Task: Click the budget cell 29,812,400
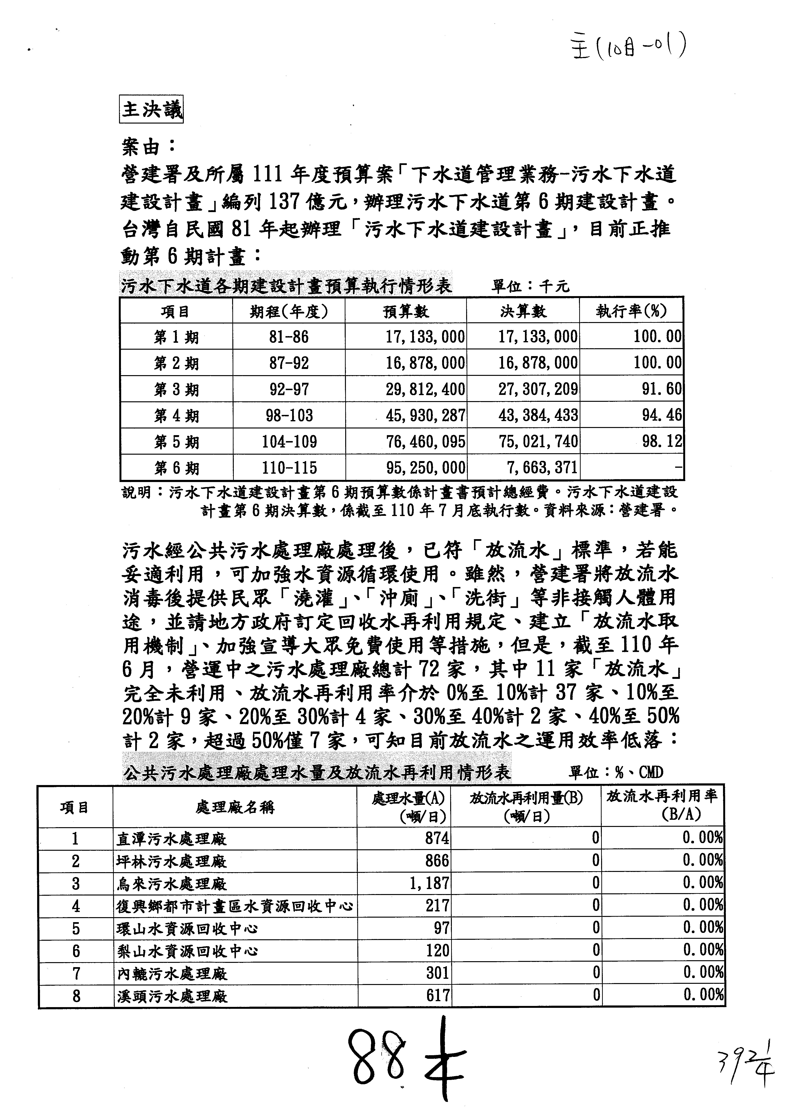(x=425, y=389)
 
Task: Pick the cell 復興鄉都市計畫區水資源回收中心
(x=235, y=906)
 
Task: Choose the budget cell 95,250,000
(x=425, y=468)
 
